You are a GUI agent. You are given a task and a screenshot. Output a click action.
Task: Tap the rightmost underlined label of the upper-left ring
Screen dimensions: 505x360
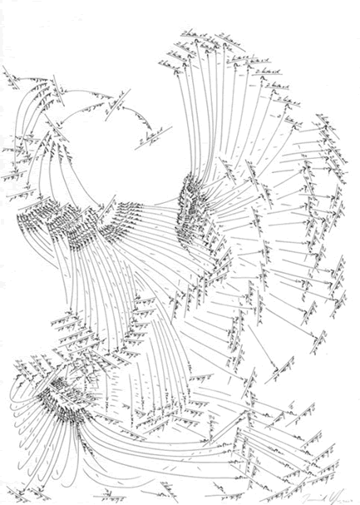coord(153,134)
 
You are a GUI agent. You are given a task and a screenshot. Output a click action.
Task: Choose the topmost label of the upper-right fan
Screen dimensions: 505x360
coord(190,34)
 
